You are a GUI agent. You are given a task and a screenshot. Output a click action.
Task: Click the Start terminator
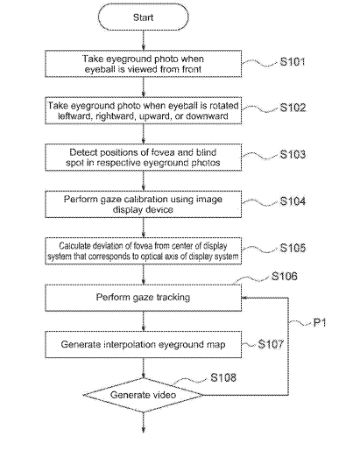(x=143, y=18)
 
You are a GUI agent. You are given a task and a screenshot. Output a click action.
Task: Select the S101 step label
(x=293, y=61)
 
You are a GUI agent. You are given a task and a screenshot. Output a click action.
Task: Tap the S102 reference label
(x=293, y=108)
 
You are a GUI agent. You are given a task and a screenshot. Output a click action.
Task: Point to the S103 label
(x=293, y=154)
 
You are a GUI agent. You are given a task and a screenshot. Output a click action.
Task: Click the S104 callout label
(x=293, y=201)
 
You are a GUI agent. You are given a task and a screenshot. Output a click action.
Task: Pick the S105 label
(x=293, y=248)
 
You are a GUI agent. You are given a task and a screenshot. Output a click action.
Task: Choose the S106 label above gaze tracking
(x=285, y=276)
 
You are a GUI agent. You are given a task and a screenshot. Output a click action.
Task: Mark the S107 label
(x=271, y=344)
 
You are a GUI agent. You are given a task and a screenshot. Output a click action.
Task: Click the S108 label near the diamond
(x=223, y=377)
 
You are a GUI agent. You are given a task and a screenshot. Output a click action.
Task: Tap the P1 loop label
(x=320, y=322)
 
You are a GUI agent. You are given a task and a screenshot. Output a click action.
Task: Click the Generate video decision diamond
(x=143, y=395)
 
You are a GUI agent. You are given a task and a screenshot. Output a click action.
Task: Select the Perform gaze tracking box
(x=143, y=298)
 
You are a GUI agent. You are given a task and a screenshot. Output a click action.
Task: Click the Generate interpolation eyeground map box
(x=143, y=344)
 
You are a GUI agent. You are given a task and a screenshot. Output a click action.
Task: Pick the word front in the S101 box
(x=192, y=69)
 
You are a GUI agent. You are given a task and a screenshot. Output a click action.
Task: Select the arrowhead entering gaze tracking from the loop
(x=244, y=298)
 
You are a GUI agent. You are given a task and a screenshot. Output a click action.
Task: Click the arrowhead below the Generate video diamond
(x=144, y=430)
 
